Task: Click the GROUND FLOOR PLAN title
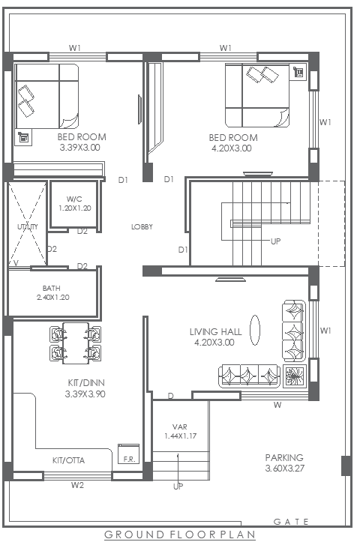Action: (x=179, y=534)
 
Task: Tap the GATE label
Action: (x=287, y=521)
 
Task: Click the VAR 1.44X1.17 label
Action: (x=179, y=431)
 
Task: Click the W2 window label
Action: (x=77, y=485)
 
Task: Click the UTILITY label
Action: (x=22, y=226)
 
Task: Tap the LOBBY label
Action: (x=142, y=226)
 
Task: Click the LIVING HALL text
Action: (x=214, y=331)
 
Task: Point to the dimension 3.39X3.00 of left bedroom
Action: (x=80, y=148)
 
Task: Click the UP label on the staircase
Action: (x=276, y=241)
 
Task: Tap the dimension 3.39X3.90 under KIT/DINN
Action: (x=85, y=393)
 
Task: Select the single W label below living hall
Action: (x=277, y=405)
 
